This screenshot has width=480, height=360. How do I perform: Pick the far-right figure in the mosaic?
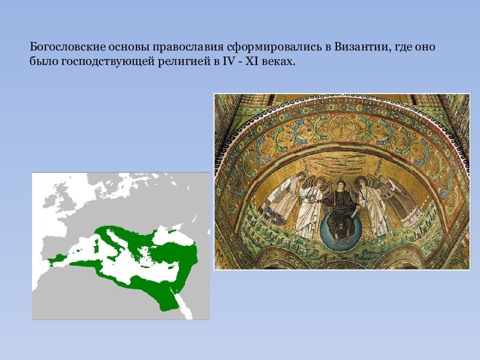tap(400, 200)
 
